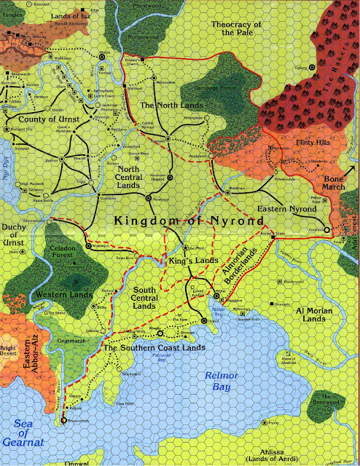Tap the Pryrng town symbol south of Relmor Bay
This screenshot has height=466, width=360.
click(x=268, y=422)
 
